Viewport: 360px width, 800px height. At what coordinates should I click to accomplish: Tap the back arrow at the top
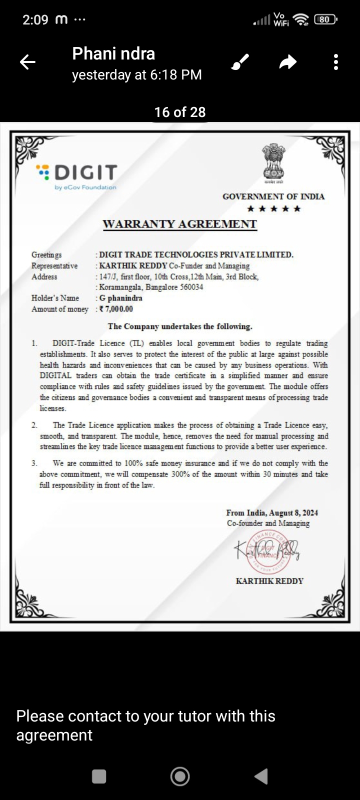click(27, 62)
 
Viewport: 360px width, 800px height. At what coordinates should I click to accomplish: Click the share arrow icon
click(287, 62)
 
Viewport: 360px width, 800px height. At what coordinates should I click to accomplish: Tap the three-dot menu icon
click(336, 62)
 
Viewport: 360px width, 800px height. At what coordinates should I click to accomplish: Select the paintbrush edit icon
click(240, 62)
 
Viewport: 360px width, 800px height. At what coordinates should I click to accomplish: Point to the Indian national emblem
click(273, 162)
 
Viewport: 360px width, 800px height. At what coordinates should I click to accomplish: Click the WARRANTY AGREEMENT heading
click(179, 224)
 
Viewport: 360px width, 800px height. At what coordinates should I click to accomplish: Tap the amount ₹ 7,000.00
click(116, 309)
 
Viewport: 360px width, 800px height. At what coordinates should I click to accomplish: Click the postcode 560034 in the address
click(191, 287)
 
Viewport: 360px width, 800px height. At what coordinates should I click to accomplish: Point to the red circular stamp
click(268, 551)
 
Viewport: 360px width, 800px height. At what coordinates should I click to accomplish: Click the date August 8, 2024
click(293, 512)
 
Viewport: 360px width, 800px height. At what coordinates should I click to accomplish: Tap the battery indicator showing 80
click(325, 19)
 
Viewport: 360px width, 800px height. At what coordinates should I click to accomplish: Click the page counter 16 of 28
click(180, 112)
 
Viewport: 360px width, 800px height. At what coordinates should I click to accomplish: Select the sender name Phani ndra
click(113, 53)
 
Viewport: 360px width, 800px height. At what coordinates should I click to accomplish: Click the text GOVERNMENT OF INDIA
click(273, 196)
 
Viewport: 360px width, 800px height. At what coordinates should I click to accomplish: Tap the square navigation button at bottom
click(99, 776)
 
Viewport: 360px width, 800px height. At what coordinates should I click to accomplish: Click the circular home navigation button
click(180, 776)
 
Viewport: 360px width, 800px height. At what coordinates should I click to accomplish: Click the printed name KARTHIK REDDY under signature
click(269, 581)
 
